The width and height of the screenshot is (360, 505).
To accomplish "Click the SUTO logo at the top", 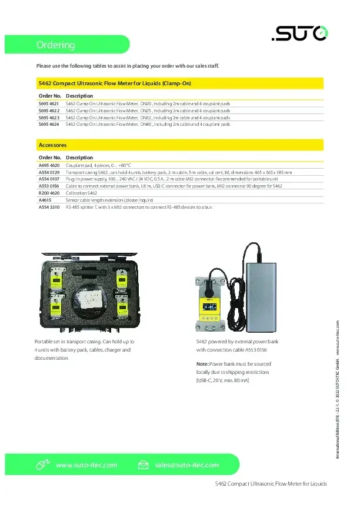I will pos(299,36).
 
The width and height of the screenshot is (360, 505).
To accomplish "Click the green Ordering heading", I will pos(56,45).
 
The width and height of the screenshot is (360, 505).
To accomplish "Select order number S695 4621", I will pos(49,103).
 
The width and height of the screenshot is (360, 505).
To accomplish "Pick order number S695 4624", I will pos(49,124).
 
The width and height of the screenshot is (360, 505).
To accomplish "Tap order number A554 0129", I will pos(49,172).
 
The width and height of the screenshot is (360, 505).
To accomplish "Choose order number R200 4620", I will pos(49,193).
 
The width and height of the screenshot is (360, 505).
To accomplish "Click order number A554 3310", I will pos(49,207).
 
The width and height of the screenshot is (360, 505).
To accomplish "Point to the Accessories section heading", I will pos(52,145).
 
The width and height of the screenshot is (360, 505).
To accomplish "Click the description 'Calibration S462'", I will pos(82,193).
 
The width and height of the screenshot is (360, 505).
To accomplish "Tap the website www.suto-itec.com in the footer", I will pos(86,465).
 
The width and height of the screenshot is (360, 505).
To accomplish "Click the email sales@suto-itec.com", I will pos(187,465).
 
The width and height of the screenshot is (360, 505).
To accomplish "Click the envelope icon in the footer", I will pos(143,465).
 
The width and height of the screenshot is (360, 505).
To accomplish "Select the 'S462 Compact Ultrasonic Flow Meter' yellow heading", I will pos(115,83).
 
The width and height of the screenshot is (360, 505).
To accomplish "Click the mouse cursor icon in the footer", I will pos(41,465).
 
